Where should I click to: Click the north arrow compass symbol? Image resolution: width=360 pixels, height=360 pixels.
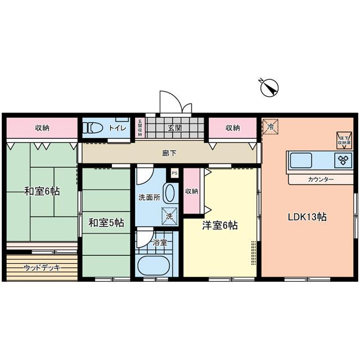click(x=269, y=88)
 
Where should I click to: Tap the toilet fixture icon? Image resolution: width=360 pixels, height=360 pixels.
click(x=92, y=128)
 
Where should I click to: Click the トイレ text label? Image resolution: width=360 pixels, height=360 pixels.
click(x=117, y=128)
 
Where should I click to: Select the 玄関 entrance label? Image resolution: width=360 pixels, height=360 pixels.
click(x=174, y=128)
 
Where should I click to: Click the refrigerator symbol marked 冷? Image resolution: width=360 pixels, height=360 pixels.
click(x=271, y=127)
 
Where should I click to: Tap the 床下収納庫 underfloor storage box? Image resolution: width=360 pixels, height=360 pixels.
click(x=344, y=140)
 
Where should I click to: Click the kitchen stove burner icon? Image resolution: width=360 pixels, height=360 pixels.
click(x=342, y=160)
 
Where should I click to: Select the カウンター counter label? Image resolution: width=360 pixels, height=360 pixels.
click(x=321, y=180)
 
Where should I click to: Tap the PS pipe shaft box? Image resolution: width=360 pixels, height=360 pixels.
click(x=174, y=173)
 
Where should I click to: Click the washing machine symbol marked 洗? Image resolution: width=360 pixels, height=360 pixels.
click(x=168, y=215)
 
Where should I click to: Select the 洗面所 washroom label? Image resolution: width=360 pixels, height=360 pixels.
click(x=149, y=198)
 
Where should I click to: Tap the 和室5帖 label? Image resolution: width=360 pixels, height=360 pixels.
click(x=106, y=223)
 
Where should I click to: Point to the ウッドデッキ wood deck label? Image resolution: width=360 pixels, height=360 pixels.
click(x=42, y=268)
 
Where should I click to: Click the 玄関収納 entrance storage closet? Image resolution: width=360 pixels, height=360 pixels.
click(x=139, y=128)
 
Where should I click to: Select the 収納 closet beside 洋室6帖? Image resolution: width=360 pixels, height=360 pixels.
click(x=191, y=191)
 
